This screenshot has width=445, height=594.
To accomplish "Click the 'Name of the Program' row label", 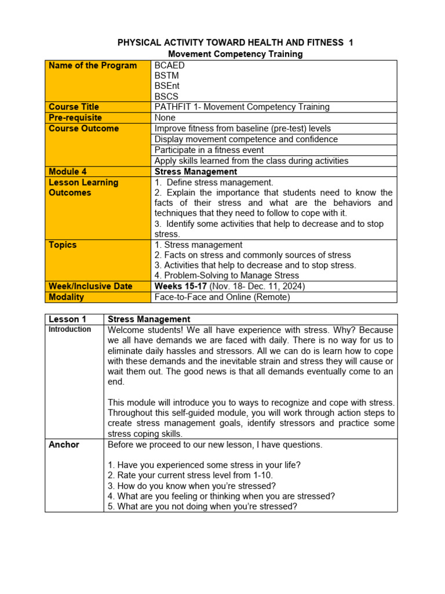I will point(93,66).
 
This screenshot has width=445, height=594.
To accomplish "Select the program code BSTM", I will point(167,76).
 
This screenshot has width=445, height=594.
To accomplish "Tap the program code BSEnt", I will point(167,86).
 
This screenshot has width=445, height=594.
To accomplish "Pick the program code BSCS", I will point(167,97).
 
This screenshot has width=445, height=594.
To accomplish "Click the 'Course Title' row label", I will point(74,107).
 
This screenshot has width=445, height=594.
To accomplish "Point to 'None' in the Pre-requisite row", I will point(165,118).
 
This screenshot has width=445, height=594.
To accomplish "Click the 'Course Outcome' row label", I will point(83,128).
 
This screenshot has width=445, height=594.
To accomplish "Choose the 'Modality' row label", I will point(66,297).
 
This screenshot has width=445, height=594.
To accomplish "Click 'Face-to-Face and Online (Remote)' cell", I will point(222,297).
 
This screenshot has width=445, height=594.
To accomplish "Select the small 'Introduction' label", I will point(70,329).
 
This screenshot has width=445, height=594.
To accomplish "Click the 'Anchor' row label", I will point(64,445).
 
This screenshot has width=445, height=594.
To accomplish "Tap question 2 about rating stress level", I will point(190,475).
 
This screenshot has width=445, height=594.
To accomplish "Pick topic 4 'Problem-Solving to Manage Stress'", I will point(227,276).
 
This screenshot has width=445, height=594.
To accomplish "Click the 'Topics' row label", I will point(63,245).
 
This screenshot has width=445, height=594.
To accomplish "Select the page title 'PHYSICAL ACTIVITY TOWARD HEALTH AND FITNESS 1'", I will point(235,43).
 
